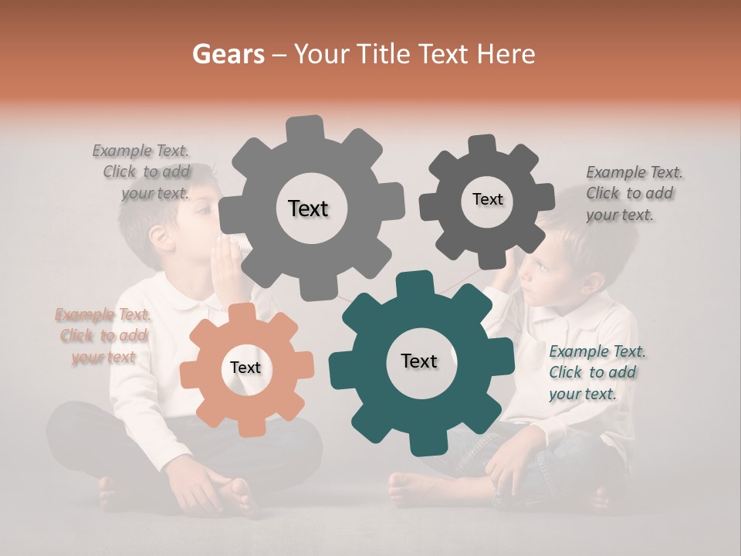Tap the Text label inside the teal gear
point(419,361)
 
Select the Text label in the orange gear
point(245,368)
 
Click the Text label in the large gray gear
point(308,208)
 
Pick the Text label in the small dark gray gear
point(487,199)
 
